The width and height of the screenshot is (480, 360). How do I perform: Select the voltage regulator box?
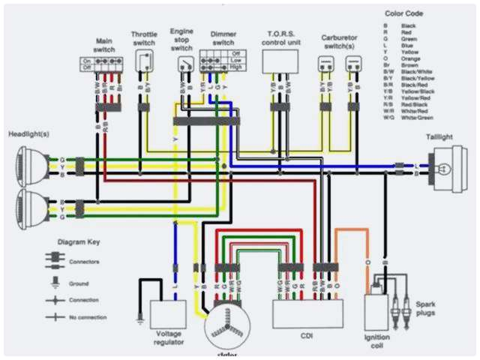point(168,312)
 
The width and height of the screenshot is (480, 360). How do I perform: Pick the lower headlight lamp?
point(31,208)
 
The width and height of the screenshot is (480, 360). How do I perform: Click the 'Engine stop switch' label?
point(182,37)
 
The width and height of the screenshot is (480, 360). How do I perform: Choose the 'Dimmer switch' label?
point(223,38)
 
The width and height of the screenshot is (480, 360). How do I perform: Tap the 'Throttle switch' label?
point(145,38)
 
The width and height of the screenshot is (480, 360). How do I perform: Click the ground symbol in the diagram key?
point(55,283)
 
